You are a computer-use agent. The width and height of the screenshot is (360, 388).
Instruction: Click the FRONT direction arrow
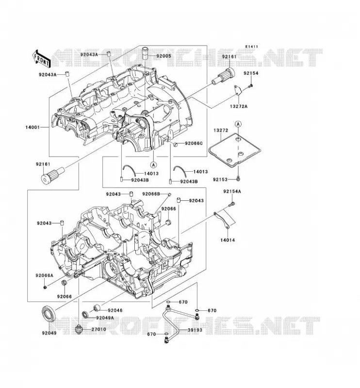pos(41,58)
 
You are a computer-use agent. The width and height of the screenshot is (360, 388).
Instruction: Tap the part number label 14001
pos(33,128)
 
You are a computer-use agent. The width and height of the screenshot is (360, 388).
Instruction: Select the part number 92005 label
pos(164,56)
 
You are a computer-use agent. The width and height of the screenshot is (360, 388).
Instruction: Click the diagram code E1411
pos(252,47)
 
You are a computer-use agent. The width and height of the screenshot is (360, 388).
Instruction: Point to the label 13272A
pos(239,106)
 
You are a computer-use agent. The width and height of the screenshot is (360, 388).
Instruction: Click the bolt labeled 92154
pos(250,86)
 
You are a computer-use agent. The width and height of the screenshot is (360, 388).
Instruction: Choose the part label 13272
pos(221,130)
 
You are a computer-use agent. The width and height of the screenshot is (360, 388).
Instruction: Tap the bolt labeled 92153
pos(238,178)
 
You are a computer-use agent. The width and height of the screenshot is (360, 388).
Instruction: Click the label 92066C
pos(194,143)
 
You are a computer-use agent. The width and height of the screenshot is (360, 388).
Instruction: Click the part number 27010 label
pos(99,329)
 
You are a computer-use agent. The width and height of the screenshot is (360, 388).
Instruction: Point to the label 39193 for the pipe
pos(195,330)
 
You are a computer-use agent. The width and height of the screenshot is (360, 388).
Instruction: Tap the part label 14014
pos(228,240)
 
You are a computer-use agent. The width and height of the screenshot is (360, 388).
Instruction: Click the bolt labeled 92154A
pos(232,204)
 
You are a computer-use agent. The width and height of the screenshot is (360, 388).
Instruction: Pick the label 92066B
pos(151,194)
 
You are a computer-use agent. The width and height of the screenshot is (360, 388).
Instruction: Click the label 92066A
pos(44,275)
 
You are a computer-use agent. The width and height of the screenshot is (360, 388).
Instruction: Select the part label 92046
pos(115,310)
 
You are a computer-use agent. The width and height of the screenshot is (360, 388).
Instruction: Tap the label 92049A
pos(105,318)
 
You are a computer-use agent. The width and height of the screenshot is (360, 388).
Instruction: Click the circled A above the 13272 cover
pos(238,124)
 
